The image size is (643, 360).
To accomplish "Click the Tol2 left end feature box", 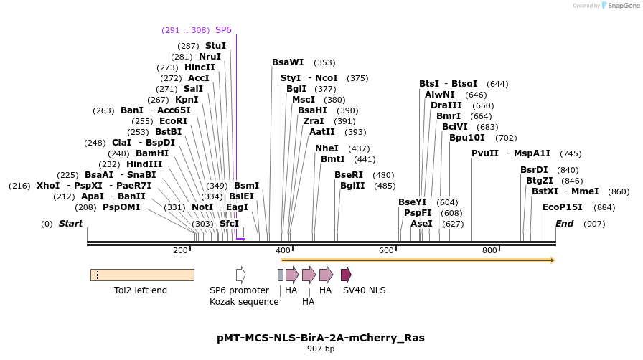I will click(x=142, y=275).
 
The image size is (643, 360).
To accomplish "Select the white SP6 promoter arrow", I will click(x=240, y=275).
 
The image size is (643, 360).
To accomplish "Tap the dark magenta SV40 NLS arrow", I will click(x=346, y=275).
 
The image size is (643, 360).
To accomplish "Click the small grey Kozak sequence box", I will click(x=281, y=275).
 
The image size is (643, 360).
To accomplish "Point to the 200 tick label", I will click(x=180, y=250).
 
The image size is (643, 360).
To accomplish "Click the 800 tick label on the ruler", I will click(x=489, y=250).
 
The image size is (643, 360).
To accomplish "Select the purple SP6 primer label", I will click(x=223, y=30).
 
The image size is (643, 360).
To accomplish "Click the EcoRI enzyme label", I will click(x=173, y=121).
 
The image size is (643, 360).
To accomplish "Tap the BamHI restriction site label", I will click(x=152, y=153).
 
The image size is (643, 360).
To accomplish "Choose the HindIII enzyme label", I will click(x=144, y=164).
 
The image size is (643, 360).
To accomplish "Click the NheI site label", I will click(x=327, y=148).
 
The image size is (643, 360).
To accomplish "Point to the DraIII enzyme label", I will click(x=445, y=105).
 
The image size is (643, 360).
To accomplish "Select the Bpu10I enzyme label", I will click(x=467, y=138).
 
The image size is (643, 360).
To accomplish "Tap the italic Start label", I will click(x=71, y=224).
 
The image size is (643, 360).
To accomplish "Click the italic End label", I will click(x=565, y=224).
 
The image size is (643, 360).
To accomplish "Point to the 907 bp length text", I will click(x=321, y=349).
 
